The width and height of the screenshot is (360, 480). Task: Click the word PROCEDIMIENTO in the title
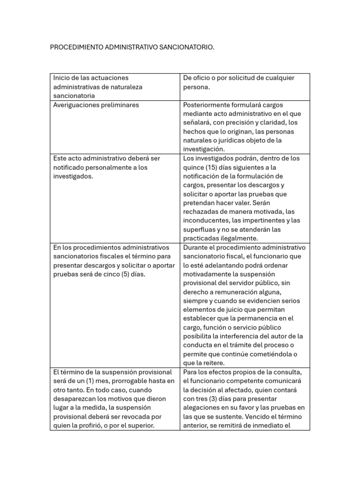tap(77, 47)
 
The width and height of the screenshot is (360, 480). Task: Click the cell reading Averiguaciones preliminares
tap(96, 105)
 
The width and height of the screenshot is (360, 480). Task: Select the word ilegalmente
tap(238, 239)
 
